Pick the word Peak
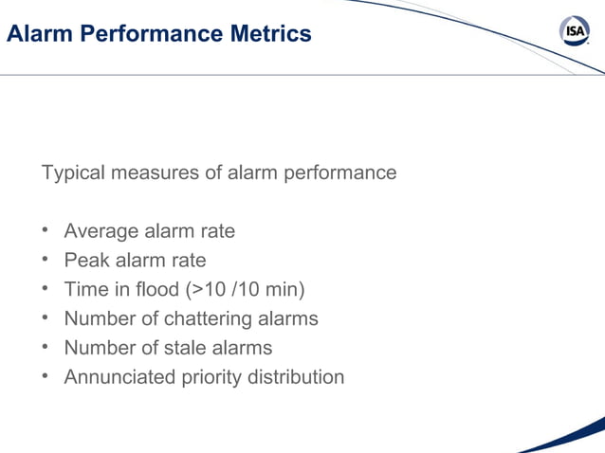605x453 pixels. (84, 261)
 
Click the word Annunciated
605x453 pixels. (119, 377)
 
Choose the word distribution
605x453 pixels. (295, 377)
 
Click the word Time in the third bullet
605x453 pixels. (83, 289)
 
